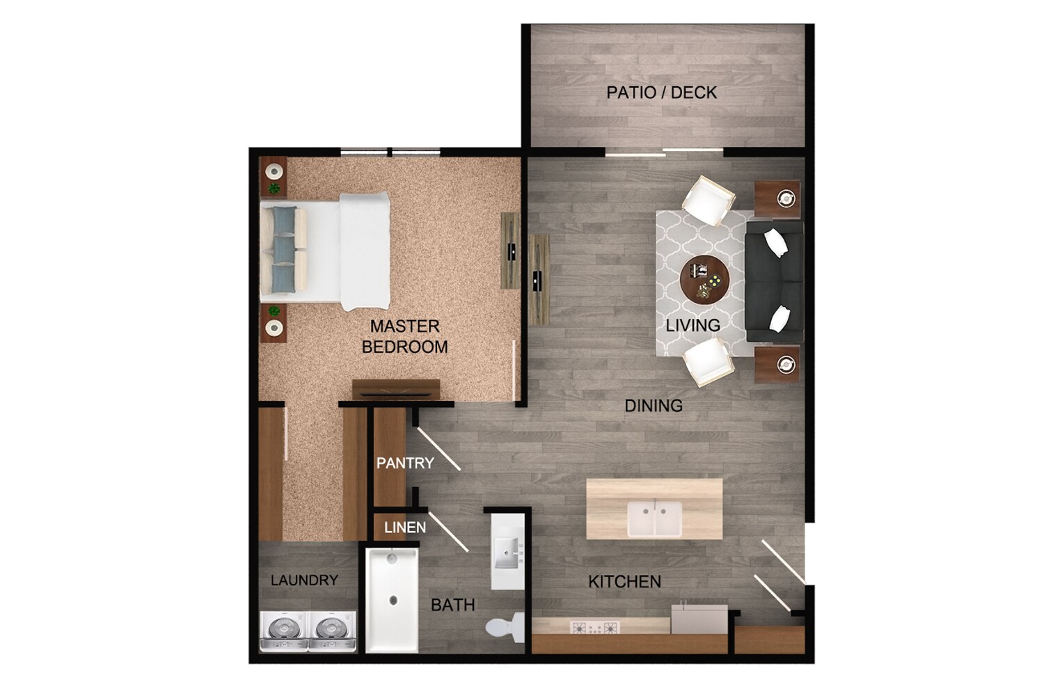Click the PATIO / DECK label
pyautogui.click(x=661, y=93)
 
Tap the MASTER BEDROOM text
pyautogui.click(x=404, y=336)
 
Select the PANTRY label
pyautogui.click(x=405, y=463)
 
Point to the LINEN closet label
pyautogui.click(x=405, y=528)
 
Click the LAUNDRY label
pyautogui.click(x=304, y=580)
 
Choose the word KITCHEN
pyautogui.click(x=624, y=582)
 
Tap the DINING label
pyautogui.click(x=653, y=405)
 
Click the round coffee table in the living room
pyautogui.click(x=704, y=280)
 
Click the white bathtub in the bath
pyautogui.click(x=392, y=599)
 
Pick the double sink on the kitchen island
pyautogui.click(x=654, y=519)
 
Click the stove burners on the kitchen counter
pyautogui.click(x=594, y=628)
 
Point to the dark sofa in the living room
pyautogui.click(x=774, y=281)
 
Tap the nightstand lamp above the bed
pyautogui.click(x=274, y=170)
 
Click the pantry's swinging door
pyautogui.click(x=438, y=450)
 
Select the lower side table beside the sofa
pyautogui.click(x=778, y=363)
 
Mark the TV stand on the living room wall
pyautogui.click(x=539, y=278)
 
